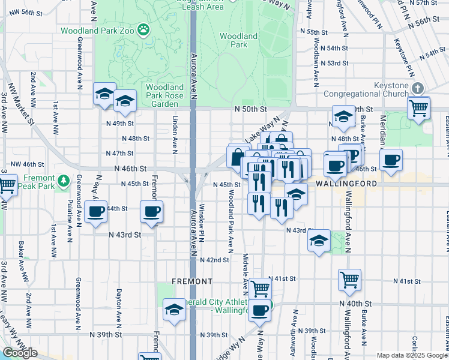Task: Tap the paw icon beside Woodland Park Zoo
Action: (x=143, y=29)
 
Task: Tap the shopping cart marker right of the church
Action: (x=418, y=109)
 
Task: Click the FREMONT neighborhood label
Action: (x=192, y=281)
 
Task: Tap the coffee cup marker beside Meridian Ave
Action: (x=391, y=160)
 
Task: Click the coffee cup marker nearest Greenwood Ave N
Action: (x=95, y=212)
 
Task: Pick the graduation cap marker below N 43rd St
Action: (x=318, y=241)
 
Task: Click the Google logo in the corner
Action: (x=20, y=353)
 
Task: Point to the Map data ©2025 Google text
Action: (x=412, y=355)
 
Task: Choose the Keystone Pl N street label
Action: (x=408, y=57)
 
